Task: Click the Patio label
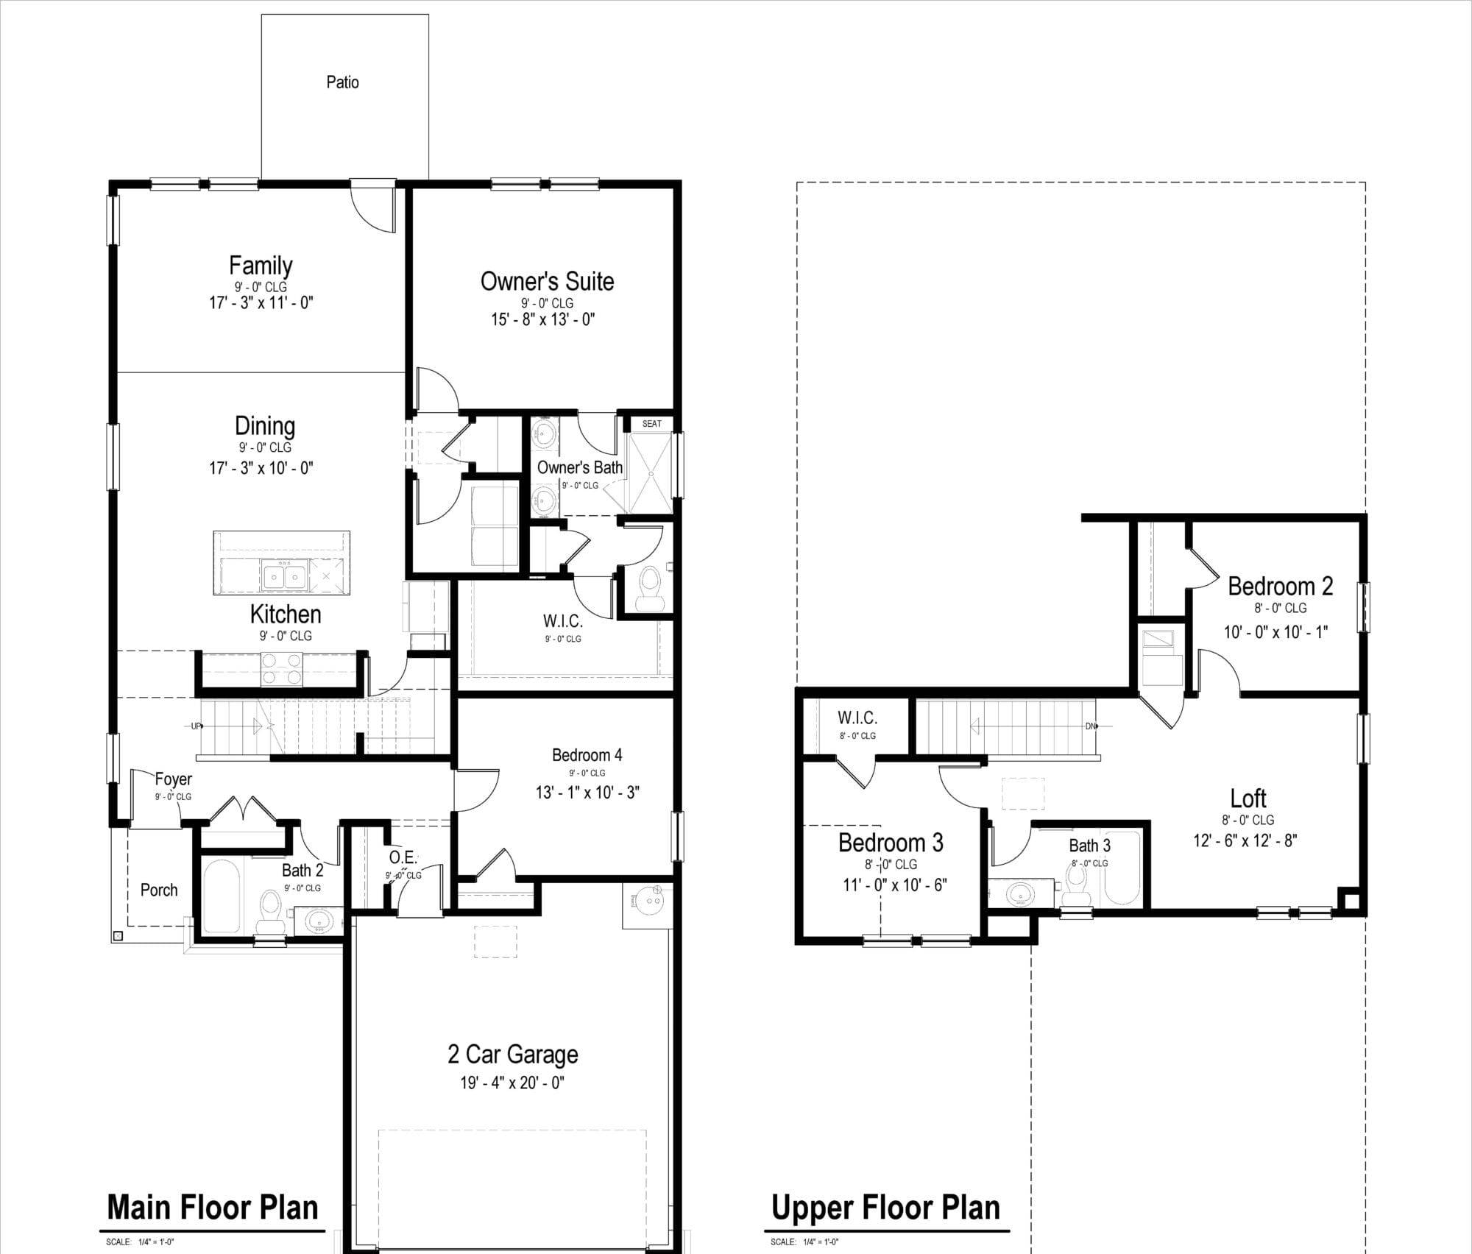pyautogui.click(x=342, y=82)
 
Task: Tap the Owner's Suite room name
pyautogui.click(x=547, y=281)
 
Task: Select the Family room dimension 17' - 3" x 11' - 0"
pyautogui.click(x=261, y=302)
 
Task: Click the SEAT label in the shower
pyautogui.click(x=651, y=424)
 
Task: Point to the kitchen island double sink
pyautogui.click(x=283, y=575)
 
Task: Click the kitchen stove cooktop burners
pyautogui.click(x=282, y=669)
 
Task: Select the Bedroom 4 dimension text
pyautogui.click(x=587, y=792)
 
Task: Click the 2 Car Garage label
pyautogui.click(x=513, y=1055)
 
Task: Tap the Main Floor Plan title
pyautogui.click(x=213, y=1208)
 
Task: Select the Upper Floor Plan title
pyautogui.click(x=886, y=1208)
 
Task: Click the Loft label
pyautogui.click(x=1248, y=798)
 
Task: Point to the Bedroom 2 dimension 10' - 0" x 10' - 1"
pyautogui.click(x=1276, y=631)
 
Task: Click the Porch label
pyautogui.click(x=159, y=890)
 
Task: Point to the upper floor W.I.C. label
pyautogui.click(x=857, y=718)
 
